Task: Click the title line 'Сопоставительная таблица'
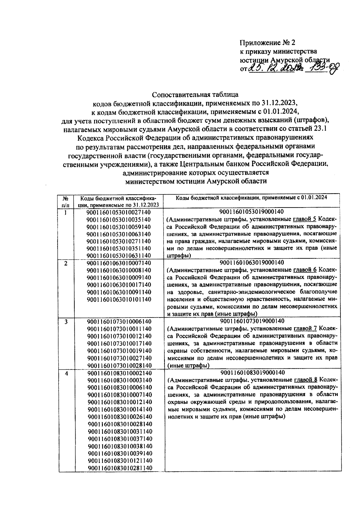coord(195,95)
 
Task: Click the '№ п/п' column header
coord(66,201)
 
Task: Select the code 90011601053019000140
coord(252,212)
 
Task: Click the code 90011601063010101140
coord(119,299)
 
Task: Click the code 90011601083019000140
coord(252,373)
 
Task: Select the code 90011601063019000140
coord(252,263)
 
